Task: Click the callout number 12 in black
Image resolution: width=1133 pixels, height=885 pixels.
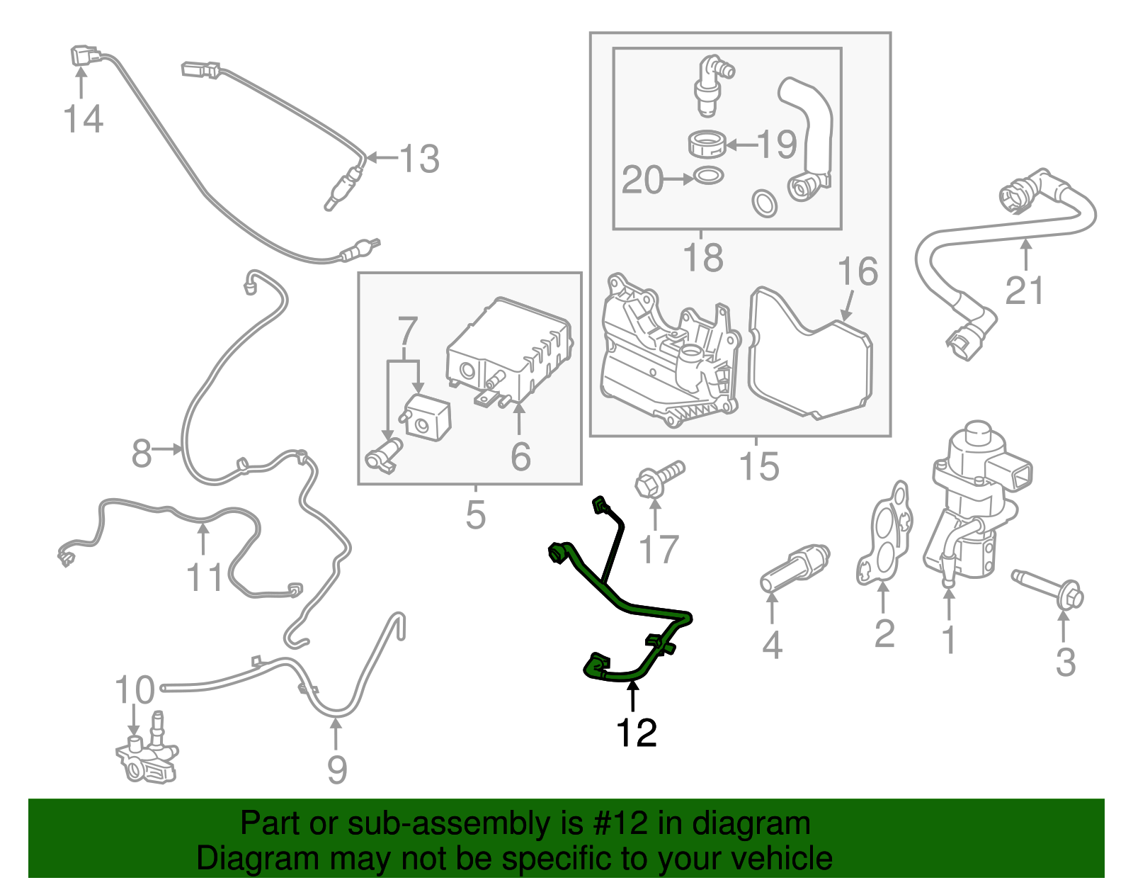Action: tap(637, 733)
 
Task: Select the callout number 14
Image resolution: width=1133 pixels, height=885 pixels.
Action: tap(83, 118)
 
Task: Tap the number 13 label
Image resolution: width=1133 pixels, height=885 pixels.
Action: tap(419, 159)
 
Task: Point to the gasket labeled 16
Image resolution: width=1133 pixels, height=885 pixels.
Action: tap(811, 354)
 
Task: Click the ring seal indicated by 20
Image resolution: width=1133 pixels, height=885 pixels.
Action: tap(709, 175)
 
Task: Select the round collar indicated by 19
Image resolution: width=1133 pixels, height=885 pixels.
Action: tap(707, 144)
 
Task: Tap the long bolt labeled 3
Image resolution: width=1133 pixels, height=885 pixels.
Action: tap(1048, 587)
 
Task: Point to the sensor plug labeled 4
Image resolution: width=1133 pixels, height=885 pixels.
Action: tap(794, 568)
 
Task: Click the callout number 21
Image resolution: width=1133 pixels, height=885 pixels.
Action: tap(1025, 291)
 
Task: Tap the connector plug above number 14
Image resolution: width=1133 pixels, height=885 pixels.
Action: tap(83, 56)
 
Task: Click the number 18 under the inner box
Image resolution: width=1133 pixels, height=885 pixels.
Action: tap(702, 257)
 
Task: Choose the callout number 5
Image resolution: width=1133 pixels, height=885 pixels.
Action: tap(476, 515)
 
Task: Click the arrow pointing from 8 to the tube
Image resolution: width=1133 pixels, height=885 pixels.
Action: tap(169, 449)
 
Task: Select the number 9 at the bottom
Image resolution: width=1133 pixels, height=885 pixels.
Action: tap(337, 769)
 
